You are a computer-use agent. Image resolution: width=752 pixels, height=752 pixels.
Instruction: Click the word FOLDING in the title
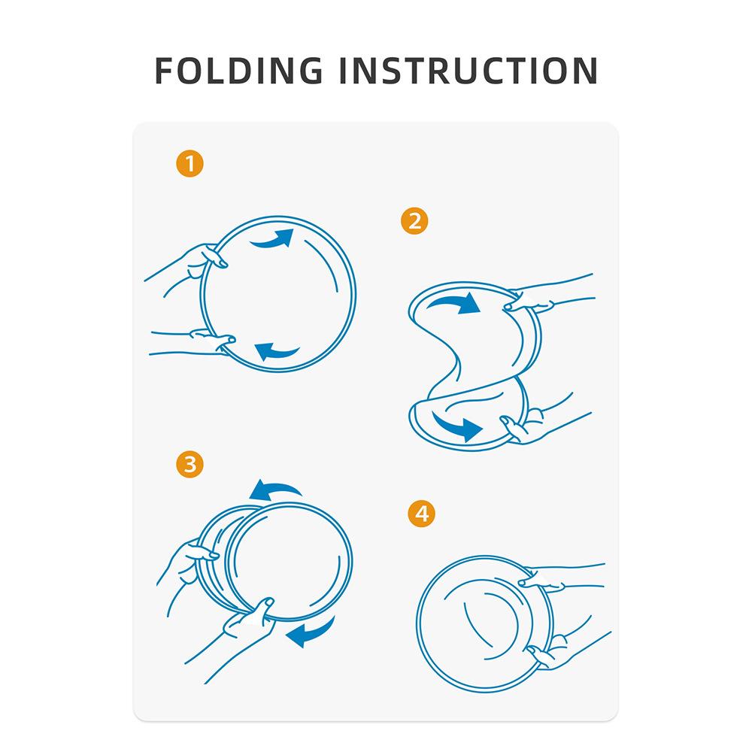point(239,71)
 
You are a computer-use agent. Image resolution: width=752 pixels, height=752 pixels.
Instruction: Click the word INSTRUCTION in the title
point(468,71)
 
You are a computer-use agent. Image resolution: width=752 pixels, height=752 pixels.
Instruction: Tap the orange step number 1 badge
point(190,163)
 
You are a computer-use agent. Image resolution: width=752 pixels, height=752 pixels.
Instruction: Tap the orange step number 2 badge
point(414,221)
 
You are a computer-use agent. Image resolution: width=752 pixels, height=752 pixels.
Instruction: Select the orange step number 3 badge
point(190,464)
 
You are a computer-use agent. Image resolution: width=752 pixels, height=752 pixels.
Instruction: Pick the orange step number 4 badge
point(422,514)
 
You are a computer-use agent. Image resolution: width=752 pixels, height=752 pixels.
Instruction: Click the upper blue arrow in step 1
point(272,241)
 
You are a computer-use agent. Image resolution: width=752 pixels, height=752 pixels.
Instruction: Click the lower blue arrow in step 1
point(277,352)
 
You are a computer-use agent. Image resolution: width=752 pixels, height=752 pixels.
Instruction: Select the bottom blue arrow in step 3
point(312,633)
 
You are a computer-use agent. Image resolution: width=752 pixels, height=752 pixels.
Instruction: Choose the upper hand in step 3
point(187,566)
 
